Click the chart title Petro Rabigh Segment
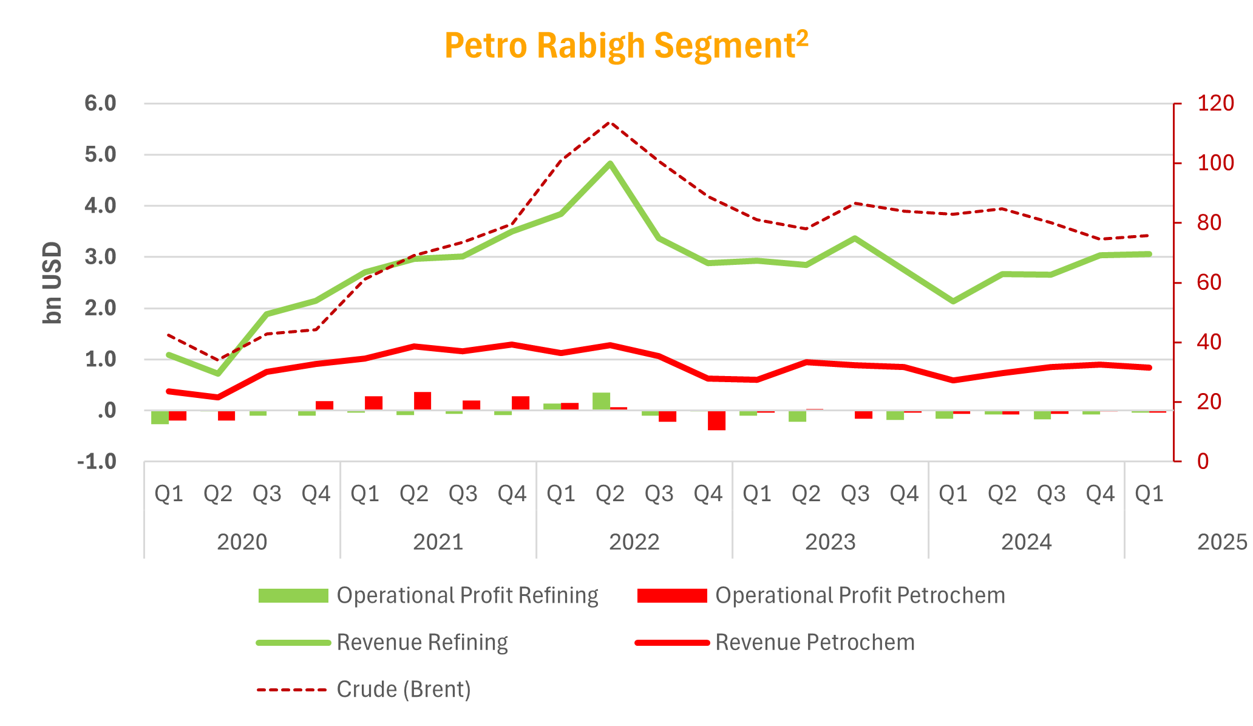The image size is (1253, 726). [626, 46]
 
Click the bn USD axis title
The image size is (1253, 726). [53, 283]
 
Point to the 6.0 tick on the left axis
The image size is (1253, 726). [100, 103]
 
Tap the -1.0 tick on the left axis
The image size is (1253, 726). [97, 462]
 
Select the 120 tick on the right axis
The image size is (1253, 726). [1215, 103]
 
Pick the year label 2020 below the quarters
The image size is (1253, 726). [242, 542]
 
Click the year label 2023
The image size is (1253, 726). [830, 542]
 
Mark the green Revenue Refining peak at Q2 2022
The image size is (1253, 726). [610, 163]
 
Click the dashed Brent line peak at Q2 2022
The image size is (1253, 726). [610, 122]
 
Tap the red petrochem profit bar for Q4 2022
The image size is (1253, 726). [716, 420]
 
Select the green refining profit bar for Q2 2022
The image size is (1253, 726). [602, 402]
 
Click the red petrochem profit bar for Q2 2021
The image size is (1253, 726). [423, 401]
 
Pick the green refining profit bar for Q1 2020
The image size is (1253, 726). [160, 417]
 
